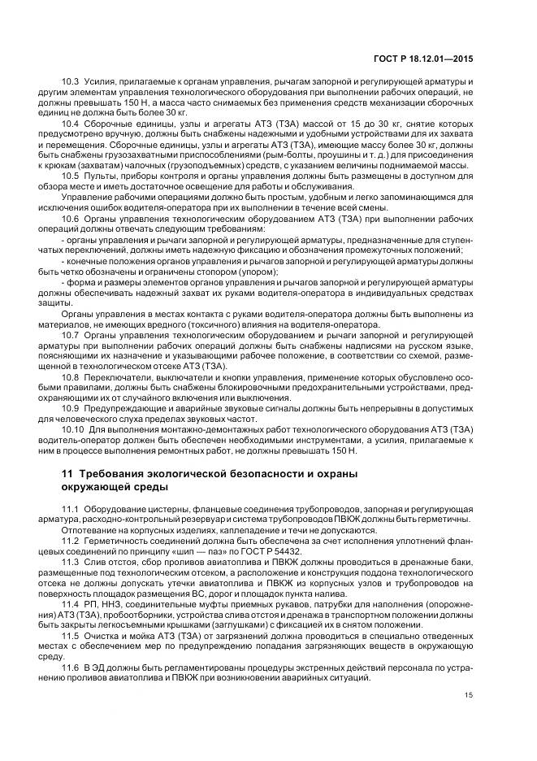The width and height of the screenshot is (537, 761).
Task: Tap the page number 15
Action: coord(468,717)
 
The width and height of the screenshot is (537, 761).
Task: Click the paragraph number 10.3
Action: coord(71,83)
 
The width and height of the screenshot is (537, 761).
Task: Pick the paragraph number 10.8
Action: coord(71,376)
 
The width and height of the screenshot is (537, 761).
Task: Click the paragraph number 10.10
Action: coord(74,428)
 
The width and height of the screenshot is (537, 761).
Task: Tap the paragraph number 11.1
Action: coord(71,508)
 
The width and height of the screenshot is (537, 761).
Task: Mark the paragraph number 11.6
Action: coord(71,666)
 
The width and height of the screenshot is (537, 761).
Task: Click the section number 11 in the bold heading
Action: coord(67,473)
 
